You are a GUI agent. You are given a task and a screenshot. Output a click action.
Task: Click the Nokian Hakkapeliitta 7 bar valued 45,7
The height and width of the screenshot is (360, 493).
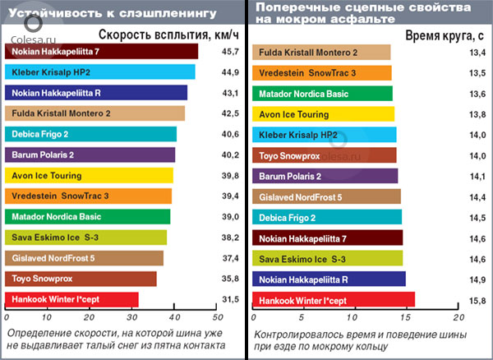[102, 52]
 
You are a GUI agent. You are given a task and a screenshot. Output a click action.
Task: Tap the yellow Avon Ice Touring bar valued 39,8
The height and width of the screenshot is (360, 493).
[89, 175]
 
